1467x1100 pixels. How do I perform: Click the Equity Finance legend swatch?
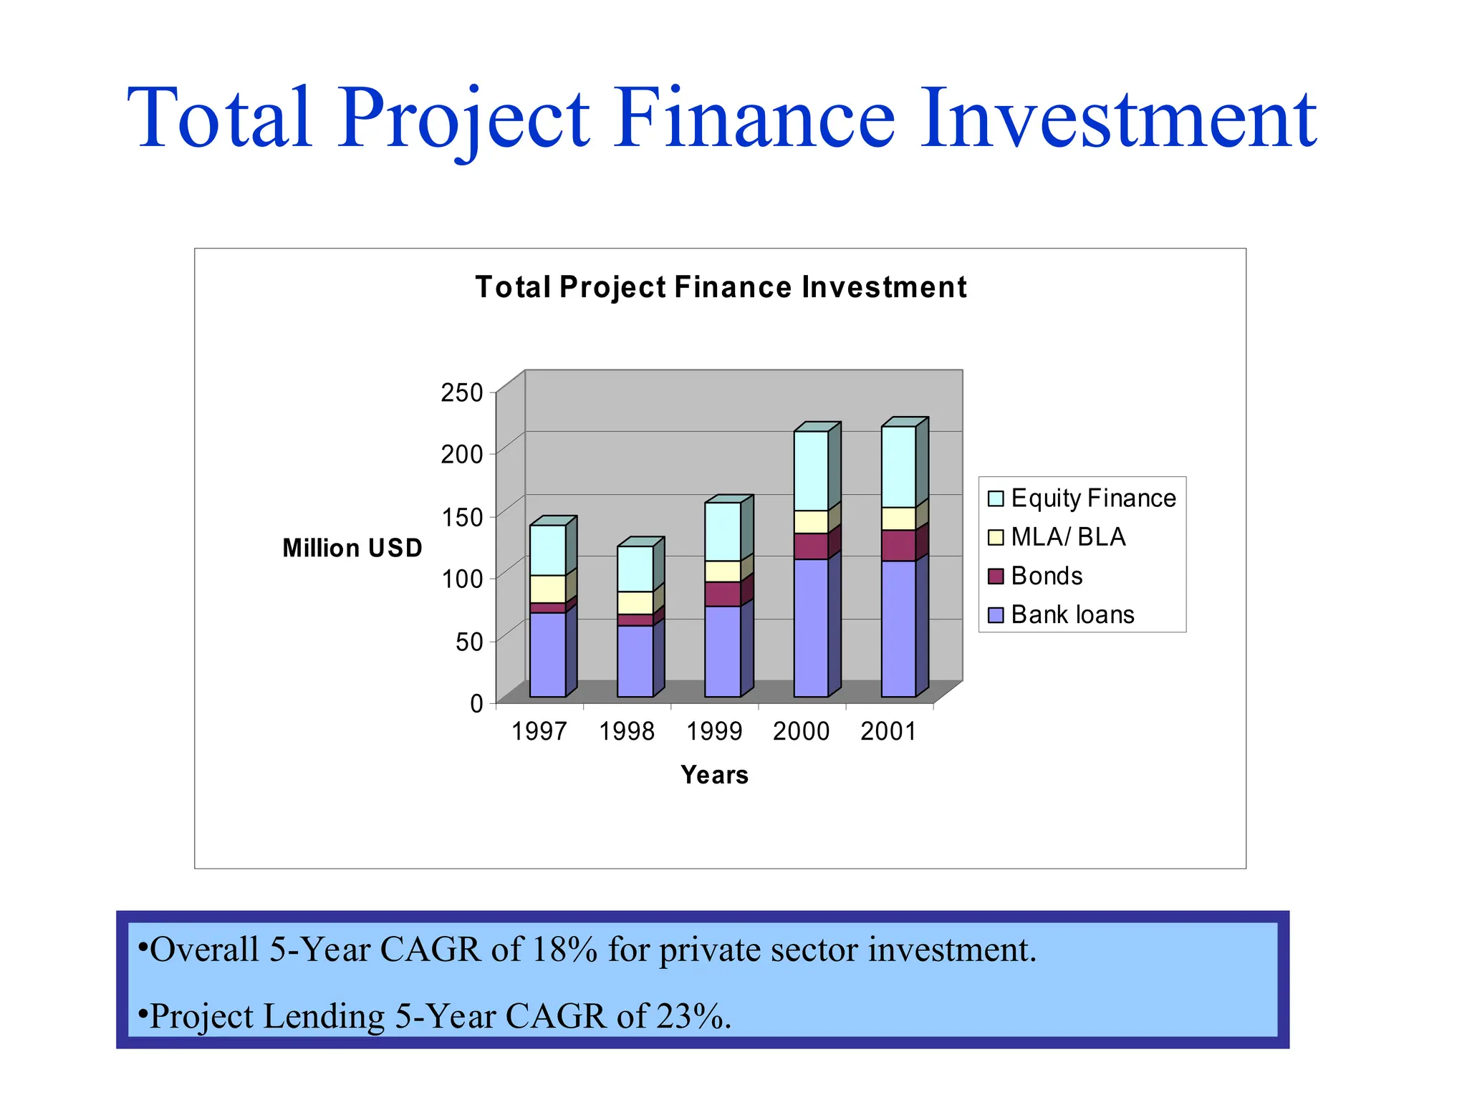click(995, 498)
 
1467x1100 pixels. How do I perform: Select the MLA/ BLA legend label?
click(1067, 537)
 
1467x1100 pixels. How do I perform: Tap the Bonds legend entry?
click(1046, 576)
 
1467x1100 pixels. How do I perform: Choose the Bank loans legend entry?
click(1072, 614)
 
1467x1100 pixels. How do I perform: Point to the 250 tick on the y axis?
click(462, 392)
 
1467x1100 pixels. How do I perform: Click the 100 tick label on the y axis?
click(462, 579)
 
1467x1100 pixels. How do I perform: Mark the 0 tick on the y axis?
click(476, 703)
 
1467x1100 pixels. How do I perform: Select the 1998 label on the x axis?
click(627, 731)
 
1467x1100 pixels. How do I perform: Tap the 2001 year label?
click(888, 731)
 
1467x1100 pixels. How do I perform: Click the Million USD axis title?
click(352, 548)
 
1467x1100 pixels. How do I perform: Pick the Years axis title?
click(714, 775)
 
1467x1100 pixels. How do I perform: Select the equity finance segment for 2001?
click(898, 466)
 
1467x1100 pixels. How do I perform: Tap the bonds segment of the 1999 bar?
click(722, 594)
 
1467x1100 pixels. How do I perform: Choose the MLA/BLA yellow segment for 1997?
click(547, 589)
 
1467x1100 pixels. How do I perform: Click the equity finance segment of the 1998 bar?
click(635, 569)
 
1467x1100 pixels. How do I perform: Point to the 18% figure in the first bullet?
click(564, 950)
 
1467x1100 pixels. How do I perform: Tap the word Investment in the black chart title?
click(884, 287)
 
